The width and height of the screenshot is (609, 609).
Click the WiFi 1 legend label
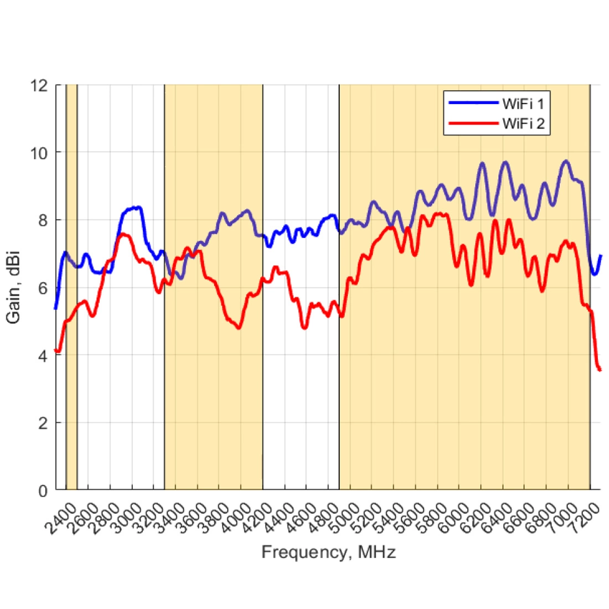[523, 104]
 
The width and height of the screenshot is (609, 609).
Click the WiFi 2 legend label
[523, 123]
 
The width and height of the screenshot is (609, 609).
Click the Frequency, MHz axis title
[328, 552]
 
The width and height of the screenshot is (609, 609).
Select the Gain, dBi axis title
[13, 288]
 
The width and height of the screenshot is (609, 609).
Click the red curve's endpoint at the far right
[600, 369]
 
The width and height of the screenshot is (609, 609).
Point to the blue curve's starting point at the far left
[55, 308]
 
